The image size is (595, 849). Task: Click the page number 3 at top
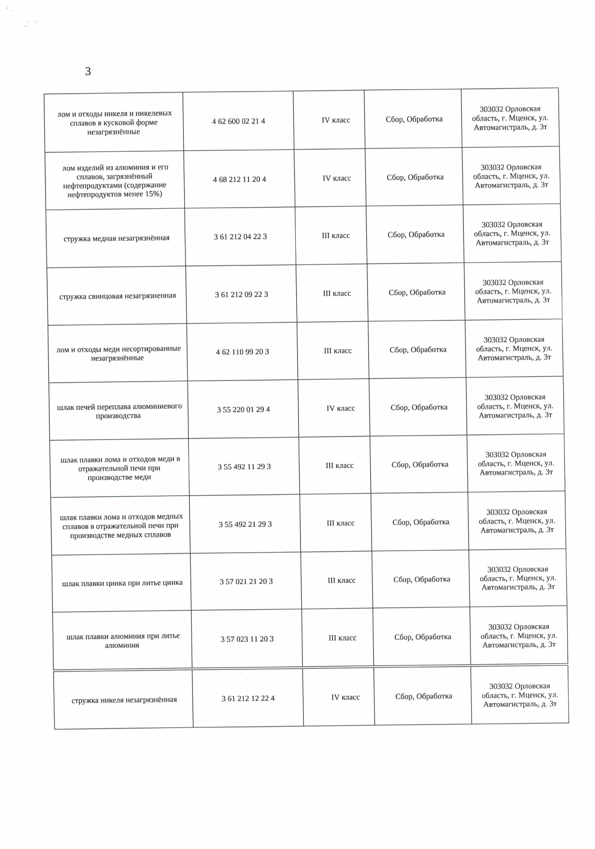[x=88, y=72]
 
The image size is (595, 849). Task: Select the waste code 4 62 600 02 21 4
[x=238, y=121]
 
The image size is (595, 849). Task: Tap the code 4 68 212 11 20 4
[x=239, y=179]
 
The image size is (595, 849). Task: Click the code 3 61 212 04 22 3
[x=240, y=237]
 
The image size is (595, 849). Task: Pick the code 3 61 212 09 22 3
[x=241, y=295]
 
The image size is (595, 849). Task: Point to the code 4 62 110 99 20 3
[x=242, y=352]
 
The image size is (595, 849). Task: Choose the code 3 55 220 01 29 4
[x=243, y=410]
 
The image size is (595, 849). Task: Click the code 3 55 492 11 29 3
[x=244, y=467]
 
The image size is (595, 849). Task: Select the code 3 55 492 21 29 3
[x=245, y=524]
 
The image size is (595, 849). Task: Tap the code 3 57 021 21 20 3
[x=246, y=582]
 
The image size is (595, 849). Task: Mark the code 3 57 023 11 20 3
[x=247, y=639]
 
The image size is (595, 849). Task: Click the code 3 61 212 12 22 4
[x=248, y=698]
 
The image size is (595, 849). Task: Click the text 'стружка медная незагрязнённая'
[x=117, y=238]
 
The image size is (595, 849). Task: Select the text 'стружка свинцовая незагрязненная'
[x=118, y=296]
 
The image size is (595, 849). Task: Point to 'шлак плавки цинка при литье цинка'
[x=122, y=583]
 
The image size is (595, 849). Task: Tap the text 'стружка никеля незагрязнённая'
[x=124, y=700]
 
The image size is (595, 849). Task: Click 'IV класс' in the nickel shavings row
[x=346, y=697]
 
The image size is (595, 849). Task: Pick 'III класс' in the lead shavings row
[x=337, y=294]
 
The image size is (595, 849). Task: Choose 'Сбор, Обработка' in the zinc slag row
[x=422, y=579]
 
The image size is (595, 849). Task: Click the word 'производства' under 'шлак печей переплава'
[x=119, y=416]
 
